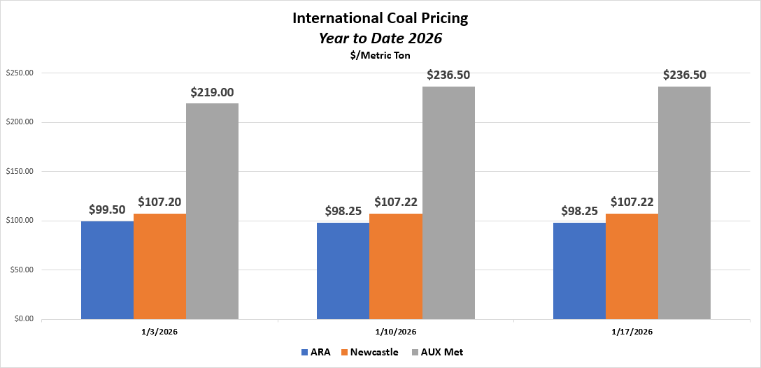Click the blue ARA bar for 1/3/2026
pyautogui.click(x=107, y=270)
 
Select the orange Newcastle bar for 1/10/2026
pyautogui.click(x=395, y=267)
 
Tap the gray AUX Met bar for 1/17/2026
pyautogui.click(x=684, y=203)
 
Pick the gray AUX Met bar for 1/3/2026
pyautogui.click(x=212, y=212)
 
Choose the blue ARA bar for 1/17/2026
pyautogui.click(x=579, y=271)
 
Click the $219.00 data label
pyautogui.click(x=212, y=92)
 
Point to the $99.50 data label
pyautogui.click(x=107, y=209)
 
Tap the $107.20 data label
pyautogui.click(x=159, y=202)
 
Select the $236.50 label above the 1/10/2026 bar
pyautogui.click(x=448, y=75)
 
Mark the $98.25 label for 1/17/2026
pyautogui.click(x=579, y=210)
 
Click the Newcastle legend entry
pyautogui.click(x=368, y=352)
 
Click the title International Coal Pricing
pyautogui.click(x=380, y=18)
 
